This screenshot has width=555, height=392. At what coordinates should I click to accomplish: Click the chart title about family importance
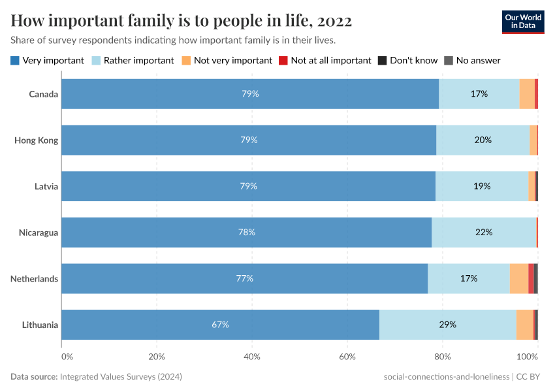(182, 21)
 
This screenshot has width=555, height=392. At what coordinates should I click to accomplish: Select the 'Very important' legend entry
(48, 60)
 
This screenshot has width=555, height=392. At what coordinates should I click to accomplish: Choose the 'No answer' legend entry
(472, 60)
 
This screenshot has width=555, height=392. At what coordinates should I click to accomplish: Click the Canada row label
(43, 94)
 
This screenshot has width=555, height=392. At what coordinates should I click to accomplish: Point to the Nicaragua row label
(39, 233)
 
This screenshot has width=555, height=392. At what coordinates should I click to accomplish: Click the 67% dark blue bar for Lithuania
(220, 325)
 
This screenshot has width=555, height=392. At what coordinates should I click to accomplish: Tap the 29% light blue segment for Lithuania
(447, 325)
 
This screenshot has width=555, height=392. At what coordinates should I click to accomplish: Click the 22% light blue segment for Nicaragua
(484, 233)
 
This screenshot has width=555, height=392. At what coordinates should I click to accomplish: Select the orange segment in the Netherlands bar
(518, 278)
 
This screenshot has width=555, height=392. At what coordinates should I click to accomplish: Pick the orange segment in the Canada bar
(527, 94)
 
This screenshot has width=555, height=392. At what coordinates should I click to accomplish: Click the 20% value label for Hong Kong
(483, 140)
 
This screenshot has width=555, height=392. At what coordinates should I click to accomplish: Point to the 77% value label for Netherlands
(244, 278)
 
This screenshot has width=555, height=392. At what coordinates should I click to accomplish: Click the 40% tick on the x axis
(252, 357)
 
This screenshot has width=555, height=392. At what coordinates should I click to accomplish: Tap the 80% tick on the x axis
(443, 357)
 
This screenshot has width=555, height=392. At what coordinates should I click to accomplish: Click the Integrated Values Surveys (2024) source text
(121, 377)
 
